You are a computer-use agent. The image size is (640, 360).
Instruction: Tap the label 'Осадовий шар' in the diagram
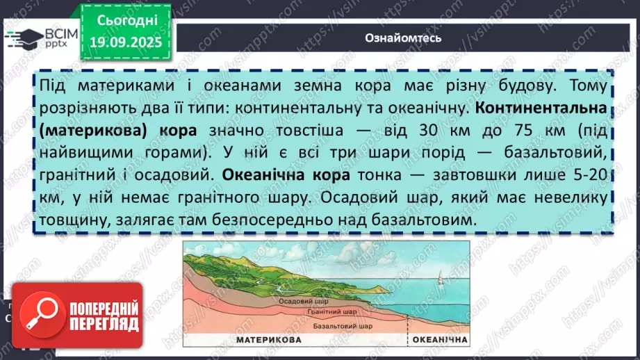298,302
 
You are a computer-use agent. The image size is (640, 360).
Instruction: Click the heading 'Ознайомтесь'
403,38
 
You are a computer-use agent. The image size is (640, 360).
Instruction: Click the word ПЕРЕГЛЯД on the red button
104,324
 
